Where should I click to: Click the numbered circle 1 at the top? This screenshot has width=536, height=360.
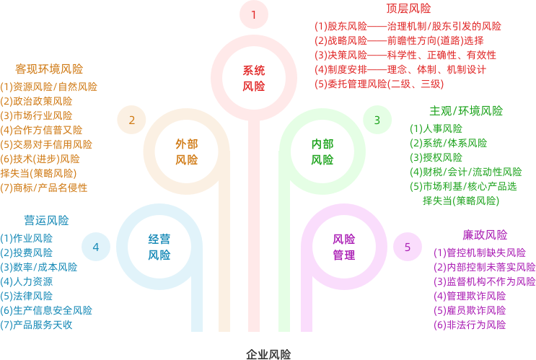click(253, 14)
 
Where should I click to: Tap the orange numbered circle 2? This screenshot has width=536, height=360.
click(131, 120)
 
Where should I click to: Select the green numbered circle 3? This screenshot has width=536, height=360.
click(377, 120)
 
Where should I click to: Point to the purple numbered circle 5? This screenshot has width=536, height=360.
click(408, 247)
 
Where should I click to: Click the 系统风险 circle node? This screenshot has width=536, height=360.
click(253, 78)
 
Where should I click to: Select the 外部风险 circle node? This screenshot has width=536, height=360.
click(186, 152)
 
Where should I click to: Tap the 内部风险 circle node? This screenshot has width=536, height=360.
click(322, 152)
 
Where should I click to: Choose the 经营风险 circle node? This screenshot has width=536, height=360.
click(159, 247)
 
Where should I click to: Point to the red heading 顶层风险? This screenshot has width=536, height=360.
click(408, 9)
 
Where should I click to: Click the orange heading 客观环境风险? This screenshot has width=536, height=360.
click(49, 69)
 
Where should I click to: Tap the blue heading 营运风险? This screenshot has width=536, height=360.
click(41, 220)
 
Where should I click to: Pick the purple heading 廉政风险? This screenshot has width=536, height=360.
click(484, 235)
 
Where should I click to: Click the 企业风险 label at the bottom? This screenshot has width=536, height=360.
click(268, 354)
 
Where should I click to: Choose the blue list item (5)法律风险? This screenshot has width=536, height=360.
click(27, 296)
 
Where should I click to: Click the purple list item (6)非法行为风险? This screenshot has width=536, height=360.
click(470, 325)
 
